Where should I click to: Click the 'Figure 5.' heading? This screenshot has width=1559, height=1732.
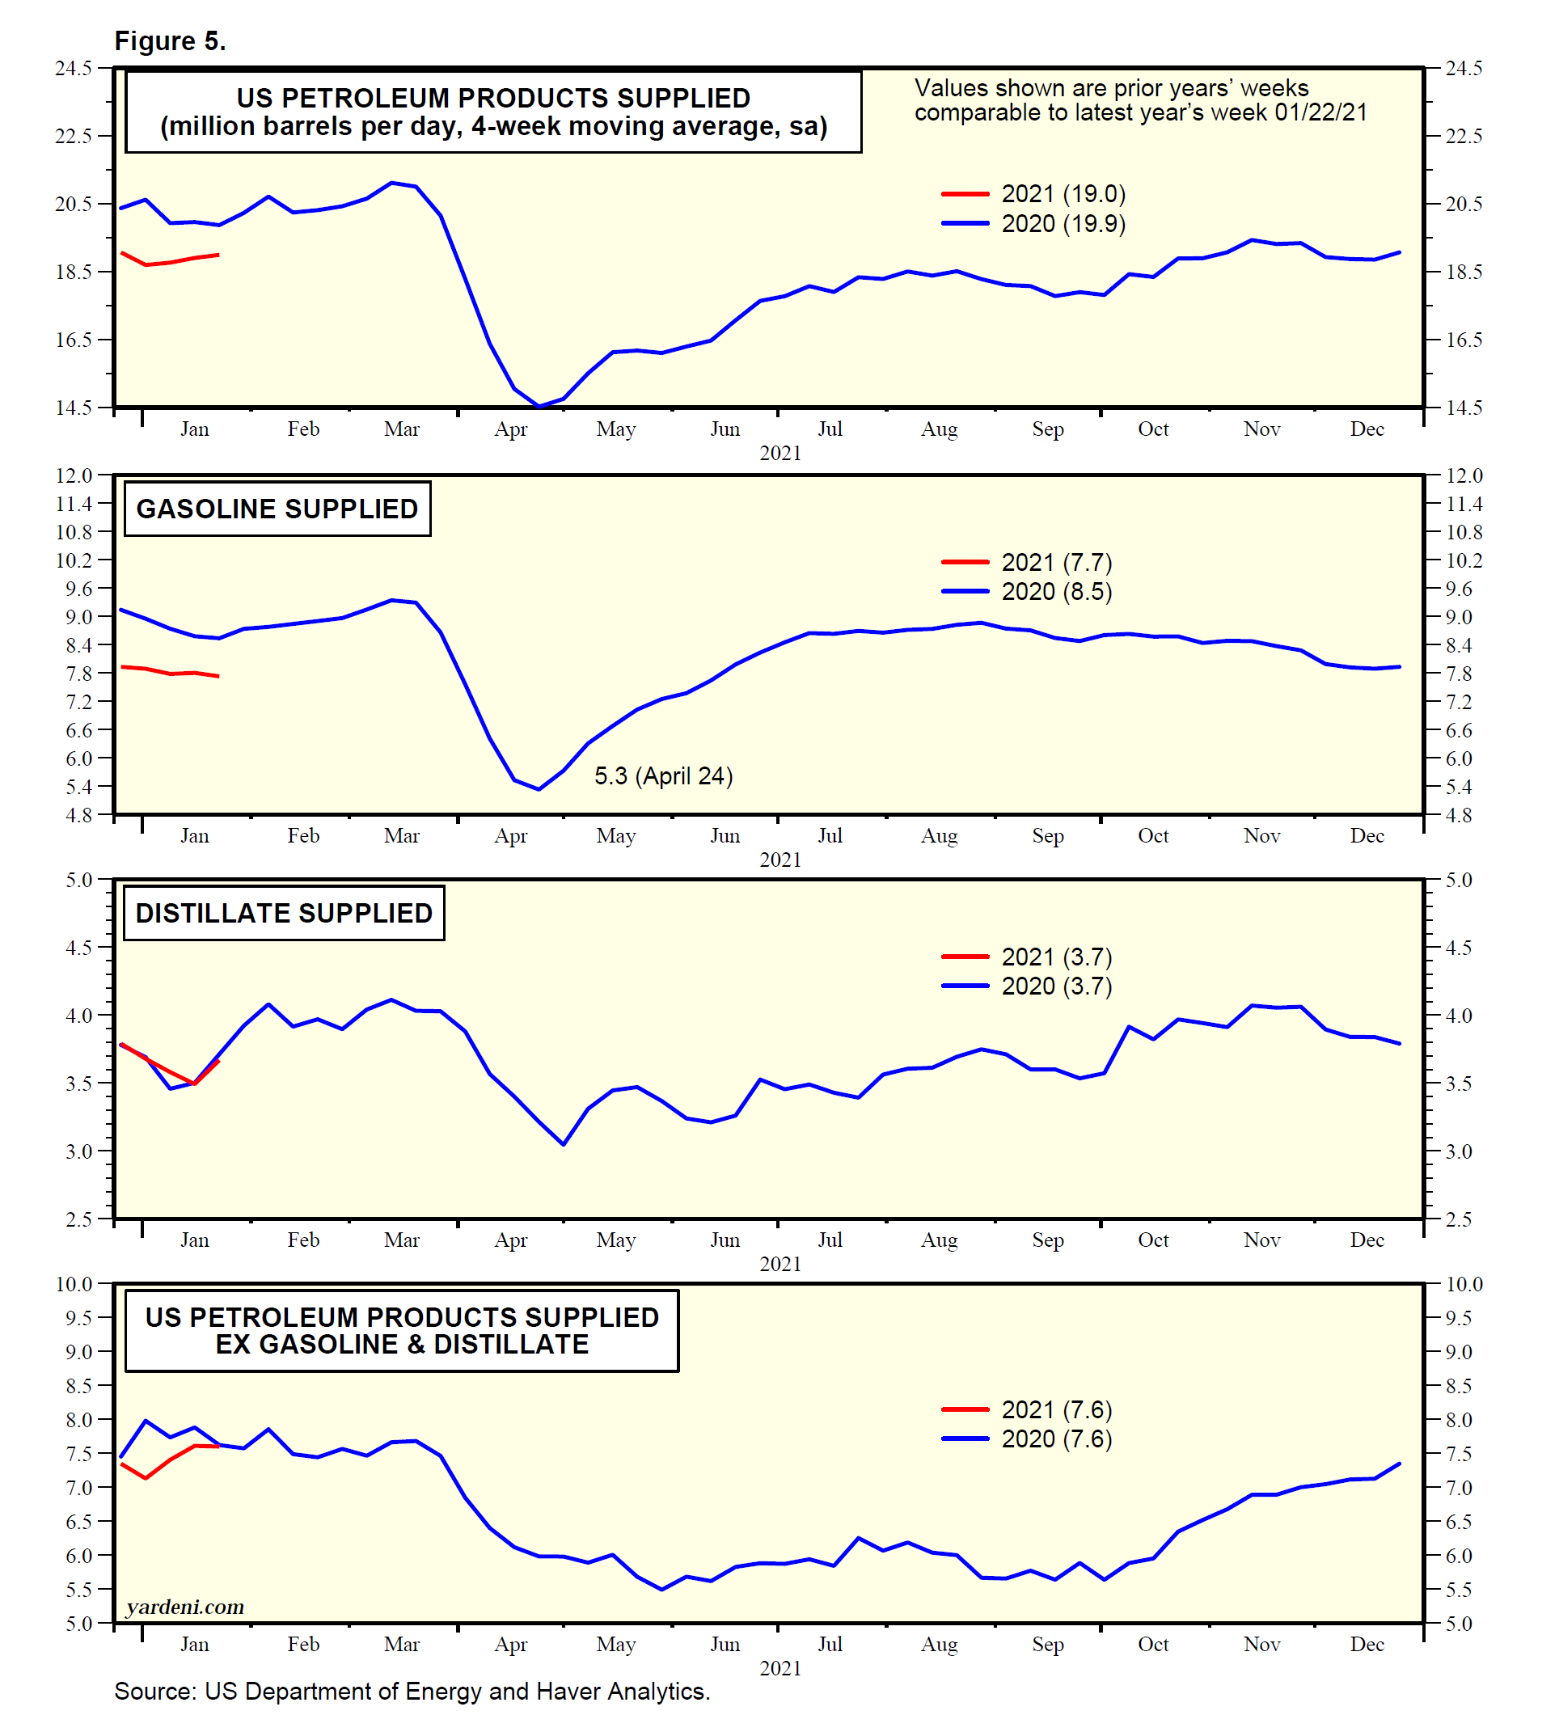(x=170, y=41)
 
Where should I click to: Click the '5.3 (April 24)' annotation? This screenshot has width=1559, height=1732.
(x=663, y=776)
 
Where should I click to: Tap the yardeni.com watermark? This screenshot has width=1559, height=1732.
(x=185, y=1607)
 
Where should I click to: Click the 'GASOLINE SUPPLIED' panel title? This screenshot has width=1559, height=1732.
(x=277, y=509)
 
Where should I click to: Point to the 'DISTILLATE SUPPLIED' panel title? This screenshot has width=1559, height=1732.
(x=284, y=913)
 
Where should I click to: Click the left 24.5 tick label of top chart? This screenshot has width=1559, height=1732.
(x=74, y=68)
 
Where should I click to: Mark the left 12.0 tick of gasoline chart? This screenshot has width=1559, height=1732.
(x=74, y=475)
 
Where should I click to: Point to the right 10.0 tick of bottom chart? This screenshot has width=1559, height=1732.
(x=1464, y=1284)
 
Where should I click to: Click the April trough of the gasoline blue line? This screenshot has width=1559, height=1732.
(x=539, y=789)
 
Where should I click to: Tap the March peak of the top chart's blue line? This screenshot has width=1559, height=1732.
(x=391, y=183)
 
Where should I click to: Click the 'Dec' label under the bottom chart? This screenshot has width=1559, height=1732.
(x=1367, y=1644)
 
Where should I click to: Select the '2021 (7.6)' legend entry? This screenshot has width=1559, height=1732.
(x=1055, y=1410)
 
